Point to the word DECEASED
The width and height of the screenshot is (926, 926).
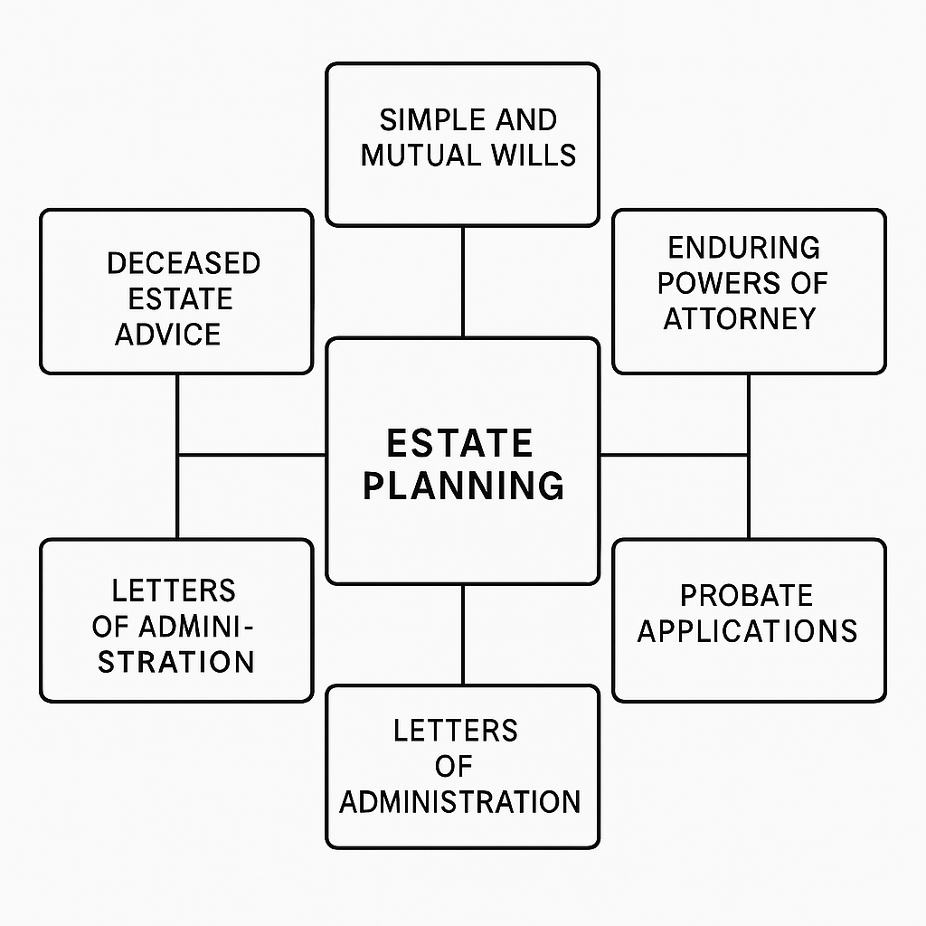click(184, 263)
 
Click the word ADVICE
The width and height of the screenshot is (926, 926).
click(167, 335)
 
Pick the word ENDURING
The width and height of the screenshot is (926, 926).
click(744, 247)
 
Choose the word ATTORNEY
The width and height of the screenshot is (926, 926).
click(740, 318)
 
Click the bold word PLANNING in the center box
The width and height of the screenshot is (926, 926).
click(463, 486)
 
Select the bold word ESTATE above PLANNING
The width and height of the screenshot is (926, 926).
click(459, 444)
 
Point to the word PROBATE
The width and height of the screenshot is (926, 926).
click(746, 595)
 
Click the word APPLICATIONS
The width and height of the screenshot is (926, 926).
click(747, 630)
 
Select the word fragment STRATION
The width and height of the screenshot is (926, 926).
click(176, 661)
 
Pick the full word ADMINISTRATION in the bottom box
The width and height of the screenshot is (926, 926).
click(460, 802)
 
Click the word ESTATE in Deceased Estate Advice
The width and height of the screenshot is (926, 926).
click(180, 298)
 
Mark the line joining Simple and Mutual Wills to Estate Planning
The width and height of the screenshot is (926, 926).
click(463, 281)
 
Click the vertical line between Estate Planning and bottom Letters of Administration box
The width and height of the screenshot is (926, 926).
click(463, 634)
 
